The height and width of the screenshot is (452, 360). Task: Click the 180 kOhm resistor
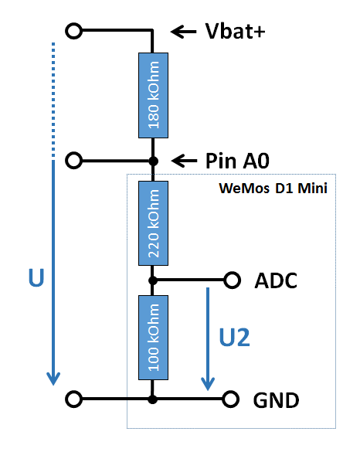click(153, 95)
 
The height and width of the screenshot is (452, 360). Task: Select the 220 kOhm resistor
click(153, 223)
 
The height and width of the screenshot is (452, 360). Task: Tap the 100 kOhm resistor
click(153, 338)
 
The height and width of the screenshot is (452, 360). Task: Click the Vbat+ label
click(235, 31)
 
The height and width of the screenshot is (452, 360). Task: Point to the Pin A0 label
click(237, 161)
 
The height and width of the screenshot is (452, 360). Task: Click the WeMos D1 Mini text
click(273, 189)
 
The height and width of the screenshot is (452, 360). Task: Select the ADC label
click(276, 280)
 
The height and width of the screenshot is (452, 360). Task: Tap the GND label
click(276, 400)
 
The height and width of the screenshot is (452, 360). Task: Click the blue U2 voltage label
click(234, 338)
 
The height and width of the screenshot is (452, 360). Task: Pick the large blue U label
click(36, 277)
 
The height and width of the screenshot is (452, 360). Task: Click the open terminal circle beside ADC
click(232, 280)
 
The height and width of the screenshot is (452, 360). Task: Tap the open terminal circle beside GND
click(230, 399)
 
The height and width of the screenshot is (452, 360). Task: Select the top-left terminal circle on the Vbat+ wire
click(74, 31)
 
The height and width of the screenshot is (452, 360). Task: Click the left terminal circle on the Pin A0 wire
click(74, 161)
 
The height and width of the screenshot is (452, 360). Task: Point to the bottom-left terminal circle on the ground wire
click(74, 399)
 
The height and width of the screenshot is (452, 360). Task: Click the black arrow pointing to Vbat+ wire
click(184, 32)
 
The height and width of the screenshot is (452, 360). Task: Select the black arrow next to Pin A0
click(184, 161)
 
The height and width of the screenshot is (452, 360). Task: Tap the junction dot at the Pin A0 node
click(153, 161)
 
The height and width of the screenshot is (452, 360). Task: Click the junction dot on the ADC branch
click(153, 280)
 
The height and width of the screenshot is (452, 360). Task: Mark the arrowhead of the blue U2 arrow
click(208, 384)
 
